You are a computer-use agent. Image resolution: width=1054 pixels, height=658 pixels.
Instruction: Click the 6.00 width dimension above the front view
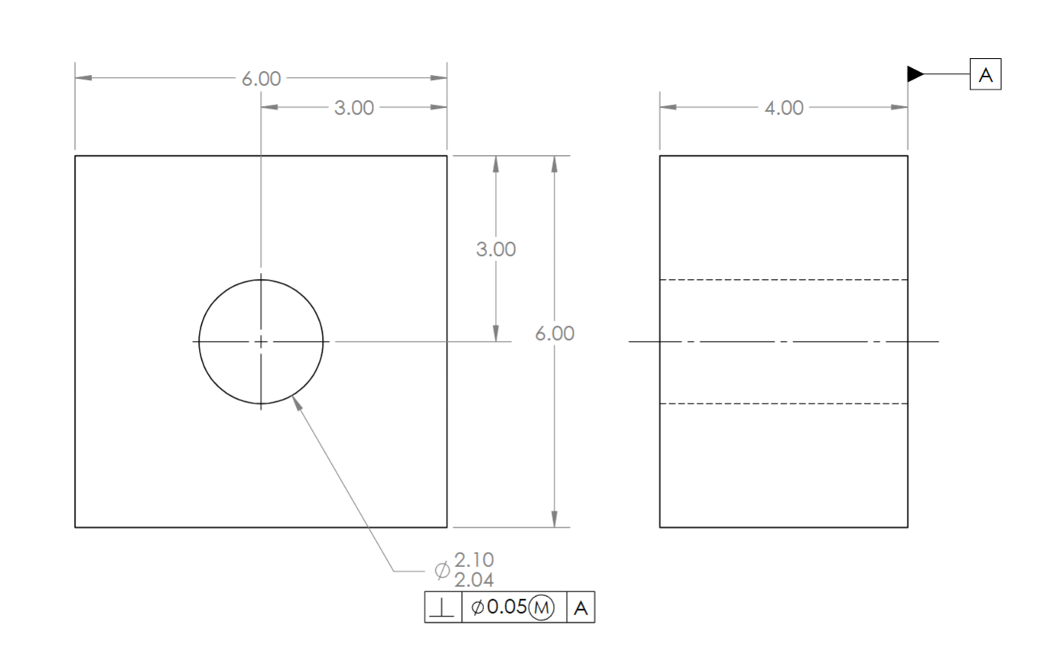pyautogui.click(x=262, y=79)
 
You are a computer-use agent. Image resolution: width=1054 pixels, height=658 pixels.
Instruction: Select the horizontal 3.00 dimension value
pyautogui.click(x=354, y=108)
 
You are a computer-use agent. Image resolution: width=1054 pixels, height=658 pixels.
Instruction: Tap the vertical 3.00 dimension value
pyautogui.click(x=496, y=249)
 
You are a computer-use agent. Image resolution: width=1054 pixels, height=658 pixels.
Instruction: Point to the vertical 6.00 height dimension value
pyautogui.click(x=555, y=334)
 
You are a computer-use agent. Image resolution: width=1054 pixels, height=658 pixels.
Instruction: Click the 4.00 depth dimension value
pyautogui.click(x=784, y=108)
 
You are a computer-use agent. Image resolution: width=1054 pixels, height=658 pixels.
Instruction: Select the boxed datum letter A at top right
pyautogui.click(x=985, y=75)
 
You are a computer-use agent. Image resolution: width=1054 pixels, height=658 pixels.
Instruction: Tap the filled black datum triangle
pyautogui.click(x=915, y=74)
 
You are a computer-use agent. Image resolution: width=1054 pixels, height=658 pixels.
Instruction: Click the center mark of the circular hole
pyautogui.click(x=261, y=342)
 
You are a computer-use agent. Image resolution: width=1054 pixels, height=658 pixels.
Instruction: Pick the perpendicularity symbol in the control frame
pyautogui.click(x=444, y=608)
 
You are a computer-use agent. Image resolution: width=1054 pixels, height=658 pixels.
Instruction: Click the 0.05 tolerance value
pyautogui.click(x=507, y=607)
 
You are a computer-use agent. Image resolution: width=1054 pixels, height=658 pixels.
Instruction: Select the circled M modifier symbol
pyautogui.click(x=542, y=608)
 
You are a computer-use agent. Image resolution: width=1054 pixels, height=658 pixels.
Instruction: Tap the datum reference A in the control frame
pyautogui.click(x=581, y=608)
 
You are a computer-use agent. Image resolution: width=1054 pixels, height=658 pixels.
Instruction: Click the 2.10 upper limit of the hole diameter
pyautogui.click(x=474, y=560)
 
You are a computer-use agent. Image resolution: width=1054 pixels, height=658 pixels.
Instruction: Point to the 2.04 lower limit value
pyautogui.click(x=474, y=579)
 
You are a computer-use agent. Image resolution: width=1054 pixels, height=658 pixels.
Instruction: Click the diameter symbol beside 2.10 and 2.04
pyautogui.click(x=442, y=570)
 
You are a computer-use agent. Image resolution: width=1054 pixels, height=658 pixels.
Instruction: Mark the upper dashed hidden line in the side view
pyautogui.click(x=783, y=280)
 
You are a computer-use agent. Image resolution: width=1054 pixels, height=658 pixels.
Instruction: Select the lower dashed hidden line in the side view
pyautogui.click(x=783, y=404)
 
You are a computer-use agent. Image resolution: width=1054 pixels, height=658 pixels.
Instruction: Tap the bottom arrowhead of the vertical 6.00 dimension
pyautogui.click(x=555, y=519)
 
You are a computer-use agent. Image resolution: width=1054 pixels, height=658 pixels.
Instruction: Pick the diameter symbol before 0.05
pyautogui.click(x=477, y=608)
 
